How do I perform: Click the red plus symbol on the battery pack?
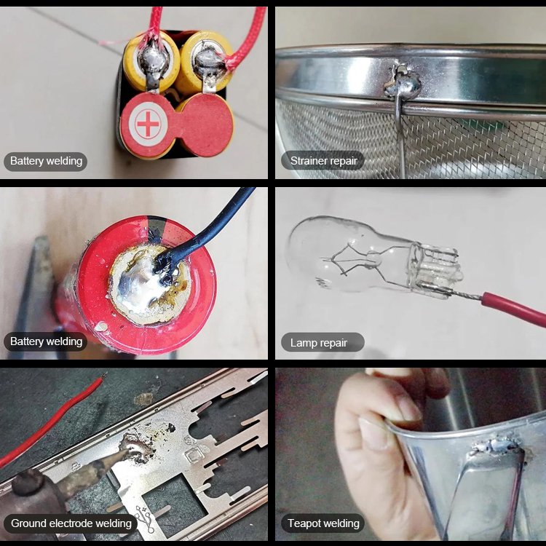pos(148,124)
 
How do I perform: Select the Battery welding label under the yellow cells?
pos(46,161)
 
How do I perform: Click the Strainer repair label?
pos(323,161)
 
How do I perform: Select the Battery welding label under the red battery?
pos(46,341)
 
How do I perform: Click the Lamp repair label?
pos(319,342)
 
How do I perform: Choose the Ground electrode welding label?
pos(71,523)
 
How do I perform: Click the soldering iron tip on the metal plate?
pos(127,453)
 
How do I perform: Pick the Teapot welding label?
pos(323,523)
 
